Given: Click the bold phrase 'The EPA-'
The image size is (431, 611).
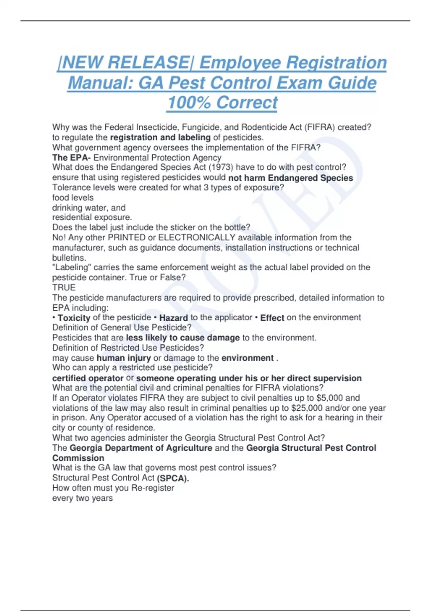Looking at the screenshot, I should pos(71,157).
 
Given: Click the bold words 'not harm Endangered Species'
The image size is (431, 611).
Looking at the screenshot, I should pos(291,178).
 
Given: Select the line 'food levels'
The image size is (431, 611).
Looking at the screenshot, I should pos(73,198).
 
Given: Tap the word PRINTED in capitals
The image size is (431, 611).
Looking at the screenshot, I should pos(127,238).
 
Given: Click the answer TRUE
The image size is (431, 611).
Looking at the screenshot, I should pos(64,288).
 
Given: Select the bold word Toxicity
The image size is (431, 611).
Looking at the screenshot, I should pos(74,318).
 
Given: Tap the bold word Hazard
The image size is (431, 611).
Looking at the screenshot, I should pos(173,318).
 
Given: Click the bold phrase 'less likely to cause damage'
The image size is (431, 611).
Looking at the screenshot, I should pos(183,338).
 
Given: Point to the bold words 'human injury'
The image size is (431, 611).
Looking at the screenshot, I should pos(124,358).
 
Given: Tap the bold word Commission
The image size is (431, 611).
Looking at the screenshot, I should pos(78,458).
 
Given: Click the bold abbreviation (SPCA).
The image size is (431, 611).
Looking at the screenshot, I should pos(173,478).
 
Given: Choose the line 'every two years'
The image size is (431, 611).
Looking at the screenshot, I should pos(83,498).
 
